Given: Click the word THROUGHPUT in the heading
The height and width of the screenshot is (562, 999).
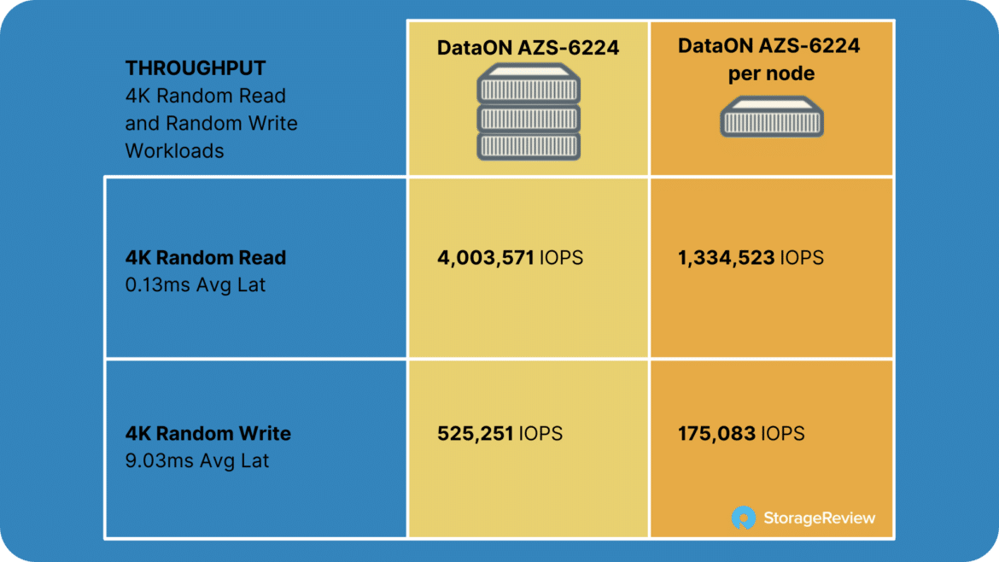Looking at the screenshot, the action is tap(195, 68).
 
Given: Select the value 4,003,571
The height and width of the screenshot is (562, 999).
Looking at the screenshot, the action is tap(486, 257).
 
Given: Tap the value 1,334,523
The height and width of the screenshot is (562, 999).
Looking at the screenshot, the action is tap(727, 257).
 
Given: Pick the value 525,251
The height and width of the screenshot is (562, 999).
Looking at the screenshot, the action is tap(476, 433).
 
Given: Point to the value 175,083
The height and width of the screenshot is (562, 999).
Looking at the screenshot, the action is tap(716, 433).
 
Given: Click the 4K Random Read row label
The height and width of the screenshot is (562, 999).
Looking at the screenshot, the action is tap(206, 257).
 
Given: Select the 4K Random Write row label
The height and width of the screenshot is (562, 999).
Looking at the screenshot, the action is tap(207, 433).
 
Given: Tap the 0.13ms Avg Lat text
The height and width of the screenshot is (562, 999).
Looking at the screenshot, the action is tap(195, 284).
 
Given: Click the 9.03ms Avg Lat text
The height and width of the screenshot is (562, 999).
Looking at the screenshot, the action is tap(197, 460).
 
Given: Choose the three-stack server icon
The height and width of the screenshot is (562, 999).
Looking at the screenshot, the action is tap(529, 112).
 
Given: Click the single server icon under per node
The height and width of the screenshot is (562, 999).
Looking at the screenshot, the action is tap(772, 117).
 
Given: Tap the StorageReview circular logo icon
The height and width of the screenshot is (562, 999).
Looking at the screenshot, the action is tap(743, 518).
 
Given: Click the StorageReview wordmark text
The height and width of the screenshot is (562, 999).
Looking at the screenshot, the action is tap(820, 518).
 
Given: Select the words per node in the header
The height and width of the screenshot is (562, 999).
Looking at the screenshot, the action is tap(771, 74).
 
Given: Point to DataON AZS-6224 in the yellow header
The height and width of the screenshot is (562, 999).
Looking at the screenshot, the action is tap(529, 48).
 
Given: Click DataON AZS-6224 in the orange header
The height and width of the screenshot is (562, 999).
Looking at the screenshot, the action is tap(769, 46).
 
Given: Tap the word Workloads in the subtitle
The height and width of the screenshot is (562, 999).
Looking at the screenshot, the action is tap(174, 151).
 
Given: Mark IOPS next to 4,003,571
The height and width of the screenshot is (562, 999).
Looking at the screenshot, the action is tap(561, 257).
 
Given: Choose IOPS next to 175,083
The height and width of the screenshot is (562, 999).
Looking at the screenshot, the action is tap(782, 433).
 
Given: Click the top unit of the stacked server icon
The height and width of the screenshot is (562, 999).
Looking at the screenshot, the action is tap(529, 83).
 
